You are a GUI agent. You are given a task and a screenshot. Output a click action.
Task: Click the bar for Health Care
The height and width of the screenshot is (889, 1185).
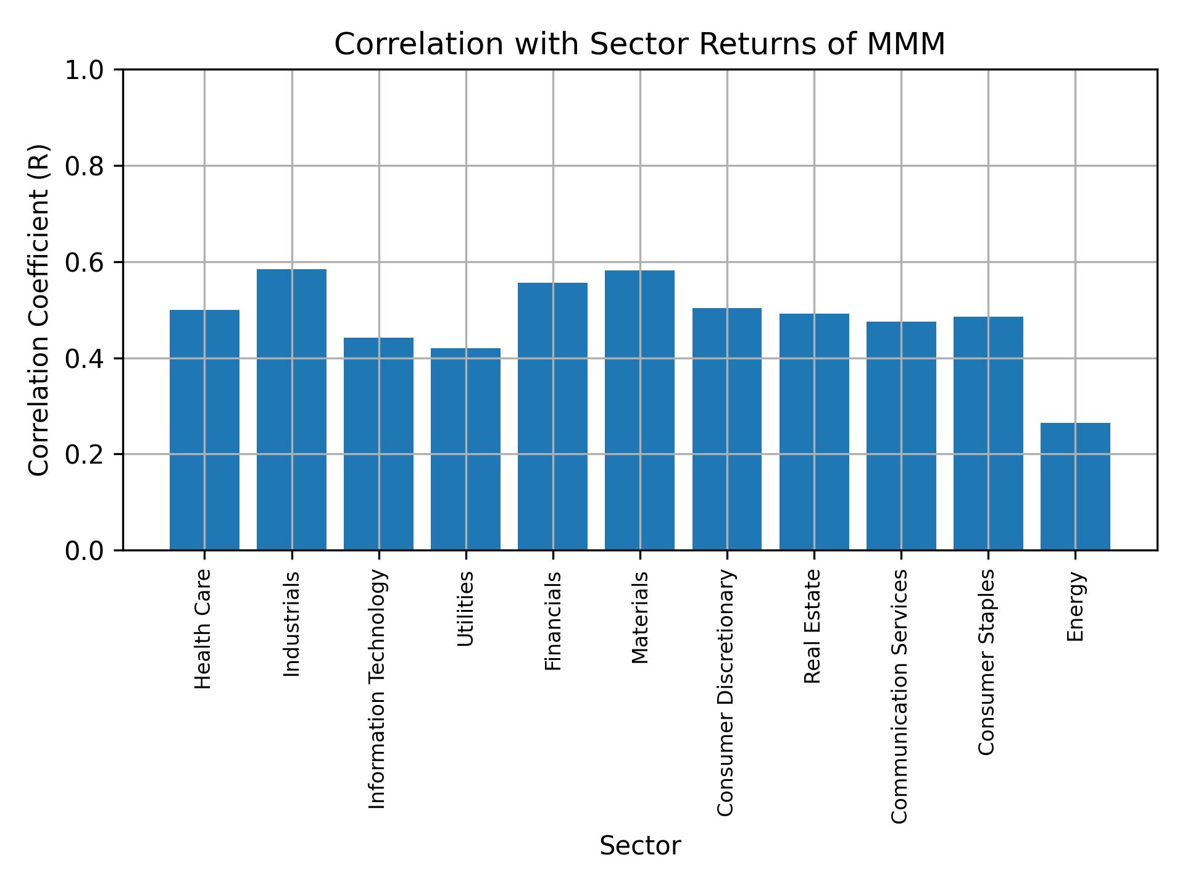click(x=204, y=430)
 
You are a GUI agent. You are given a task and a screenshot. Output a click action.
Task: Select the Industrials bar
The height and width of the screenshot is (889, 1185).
click(x=291, y=409)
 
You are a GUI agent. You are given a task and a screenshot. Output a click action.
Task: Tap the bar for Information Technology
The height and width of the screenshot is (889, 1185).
click(x=378, y=443)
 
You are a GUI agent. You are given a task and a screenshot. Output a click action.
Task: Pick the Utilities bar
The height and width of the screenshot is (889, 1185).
click(x=465, y=449)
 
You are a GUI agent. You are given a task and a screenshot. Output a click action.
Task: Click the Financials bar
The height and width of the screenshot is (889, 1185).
click(x=552, y=416)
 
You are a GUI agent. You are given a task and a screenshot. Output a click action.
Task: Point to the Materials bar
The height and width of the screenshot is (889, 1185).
click(x=639, y=410)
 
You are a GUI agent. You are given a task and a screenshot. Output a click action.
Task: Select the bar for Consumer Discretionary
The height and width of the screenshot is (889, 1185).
click(x=726, y=429)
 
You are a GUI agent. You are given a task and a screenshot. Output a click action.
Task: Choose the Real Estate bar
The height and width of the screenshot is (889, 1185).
click(x=814, y=432)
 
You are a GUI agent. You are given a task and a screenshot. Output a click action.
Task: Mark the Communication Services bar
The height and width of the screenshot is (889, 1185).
click(x=901, y=435)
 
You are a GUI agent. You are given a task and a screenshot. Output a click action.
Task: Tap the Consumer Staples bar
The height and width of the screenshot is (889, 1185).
click(x=988, y=433)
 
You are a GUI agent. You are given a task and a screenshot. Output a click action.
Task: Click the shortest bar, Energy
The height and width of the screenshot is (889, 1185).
click(x=1075, y=486)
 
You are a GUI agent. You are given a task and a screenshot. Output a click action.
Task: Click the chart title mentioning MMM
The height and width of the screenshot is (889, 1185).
click(x=639, y=44)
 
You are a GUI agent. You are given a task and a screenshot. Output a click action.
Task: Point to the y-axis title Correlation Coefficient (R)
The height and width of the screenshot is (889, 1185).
click(x=39, y=310)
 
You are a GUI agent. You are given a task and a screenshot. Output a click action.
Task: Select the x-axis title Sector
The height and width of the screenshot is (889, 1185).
click(x=640, y=846)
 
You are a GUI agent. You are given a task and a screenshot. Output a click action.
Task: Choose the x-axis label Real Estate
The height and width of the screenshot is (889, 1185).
click(x=813, y=627)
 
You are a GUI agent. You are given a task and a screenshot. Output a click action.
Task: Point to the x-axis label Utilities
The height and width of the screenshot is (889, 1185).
click(x=465, y=609)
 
